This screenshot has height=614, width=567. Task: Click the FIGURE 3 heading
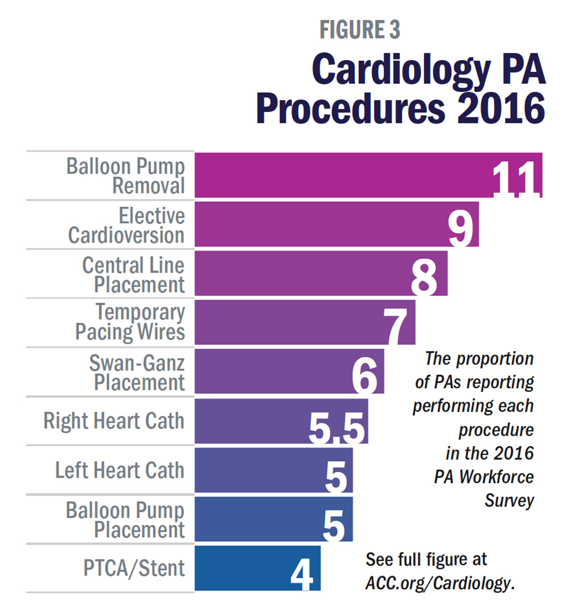coord(360,30)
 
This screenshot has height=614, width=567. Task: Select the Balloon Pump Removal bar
coord(340,175)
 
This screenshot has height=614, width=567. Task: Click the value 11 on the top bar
coord(515,179)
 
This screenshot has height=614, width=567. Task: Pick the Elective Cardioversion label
coord(127,226)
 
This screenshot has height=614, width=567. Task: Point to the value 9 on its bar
coord(461,228)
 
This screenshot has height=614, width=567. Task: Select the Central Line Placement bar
coord(302,273)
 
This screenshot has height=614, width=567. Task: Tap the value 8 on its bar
coord(424,278)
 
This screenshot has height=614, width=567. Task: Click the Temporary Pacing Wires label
coord(130,322)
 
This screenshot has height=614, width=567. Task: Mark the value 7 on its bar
coord(396,327)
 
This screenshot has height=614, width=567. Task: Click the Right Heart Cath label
coord(114,421)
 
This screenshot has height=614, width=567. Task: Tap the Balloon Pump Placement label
coord(126,519)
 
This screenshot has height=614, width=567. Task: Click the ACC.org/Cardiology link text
coord(440,583)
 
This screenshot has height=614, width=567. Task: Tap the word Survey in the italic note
coord(509,500)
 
